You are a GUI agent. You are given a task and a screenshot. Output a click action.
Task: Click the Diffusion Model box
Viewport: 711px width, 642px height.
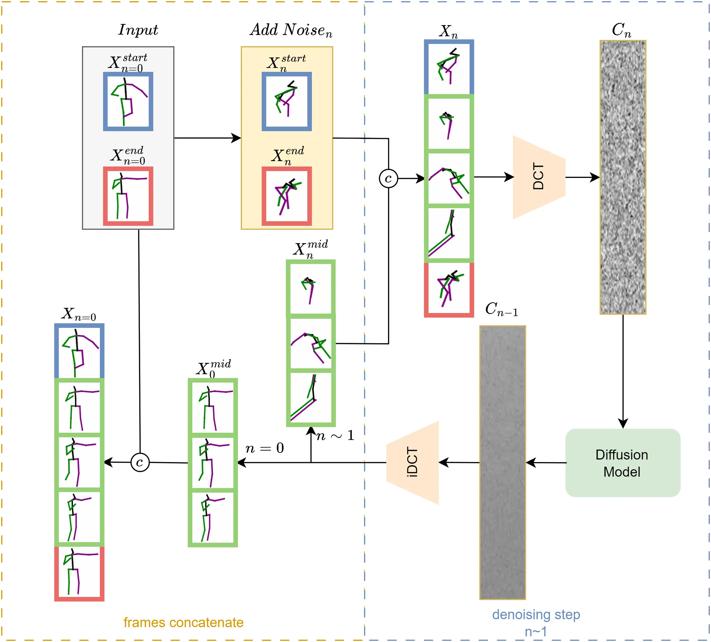click(x=622, y=463)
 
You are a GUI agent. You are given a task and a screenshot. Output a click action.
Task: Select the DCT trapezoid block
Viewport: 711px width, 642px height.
click(x=539, y=177)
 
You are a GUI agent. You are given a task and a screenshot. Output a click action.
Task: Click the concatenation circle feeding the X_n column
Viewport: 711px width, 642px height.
click(x=388, y=179)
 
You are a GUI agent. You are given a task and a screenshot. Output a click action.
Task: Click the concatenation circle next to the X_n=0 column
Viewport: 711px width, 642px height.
click(x=140, y=462)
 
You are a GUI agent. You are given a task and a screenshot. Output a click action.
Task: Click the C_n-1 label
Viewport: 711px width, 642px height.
click(x=501, y=309)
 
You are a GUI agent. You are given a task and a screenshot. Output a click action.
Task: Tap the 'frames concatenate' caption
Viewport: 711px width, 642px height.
click(x=183, y=623)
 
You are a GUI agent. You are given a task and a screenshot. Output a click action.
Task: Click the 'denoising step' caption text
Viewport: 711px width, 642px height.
click(x=536, y=615)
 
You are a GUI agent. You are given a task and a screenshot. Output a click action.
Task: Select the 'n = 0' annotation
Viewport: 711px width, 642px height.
click(x=265, y=448)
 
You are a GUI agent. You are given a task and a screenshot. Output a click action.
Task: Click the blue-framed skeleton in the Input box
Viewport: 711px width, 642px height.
click(x=128, y=101)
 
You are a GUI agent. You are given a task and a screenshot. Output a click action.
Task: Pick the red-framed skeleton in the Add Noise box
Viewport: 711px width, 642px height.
click(x=286, y=196)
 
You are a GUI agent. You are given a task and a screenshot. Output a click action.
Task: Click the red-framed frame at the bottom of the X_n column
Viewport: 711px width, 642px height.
click(x=449, y=290)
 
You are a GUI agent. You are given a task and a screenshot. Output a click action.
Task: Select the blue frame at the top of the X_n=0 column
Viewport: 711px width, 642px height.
click(x=79, y=351)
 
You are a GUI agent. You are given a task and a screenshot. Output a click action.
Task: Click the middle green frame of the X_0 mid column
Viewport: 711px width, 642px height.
click(x=213, y=463)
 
